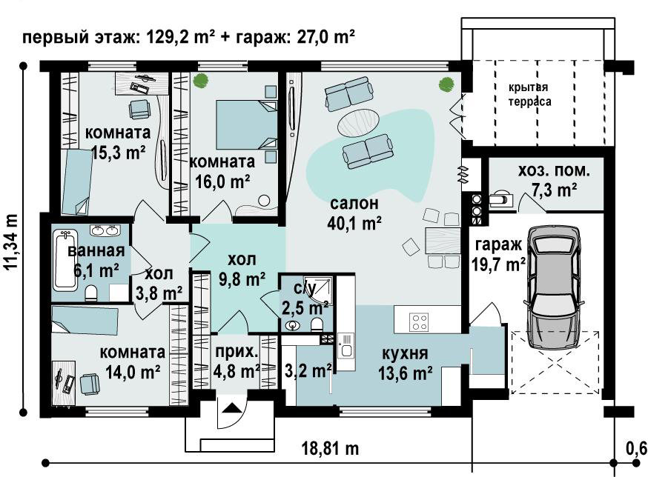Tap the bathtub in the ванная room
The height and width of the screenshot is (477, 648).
pos(66,260)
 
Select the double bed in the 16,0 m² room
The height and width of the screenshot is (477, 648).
pos(246,124)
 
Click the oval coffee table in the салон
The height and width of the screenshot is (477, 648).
pos(359,122)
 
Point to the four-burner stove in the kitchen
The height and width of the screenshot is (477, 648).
pos(420,321)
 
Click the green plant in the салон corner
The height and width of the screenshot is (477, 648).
pos(446,84)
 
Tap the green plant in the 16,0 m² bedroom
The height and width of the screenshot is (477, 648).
pos(200,80)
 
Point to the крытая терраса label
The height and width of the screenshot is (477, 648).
pos(529,95)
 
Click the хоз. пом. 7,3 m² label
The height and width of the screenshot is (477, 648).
pos(554,181)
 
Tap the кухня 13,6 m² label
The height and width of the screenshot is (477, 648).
pos(406,364)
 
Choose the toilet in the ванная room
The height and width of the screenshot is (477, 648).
pos(91,293)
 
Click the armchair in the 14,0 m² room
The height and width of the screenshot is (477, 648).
pos(90,384)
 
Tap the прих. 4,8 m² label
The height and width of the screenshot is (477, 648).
pos(237,361)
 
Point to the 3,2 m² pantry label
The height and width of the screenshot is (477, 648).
pos(308,370)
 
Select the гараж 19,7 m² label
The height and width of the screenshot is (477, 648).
pos(498,254)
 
